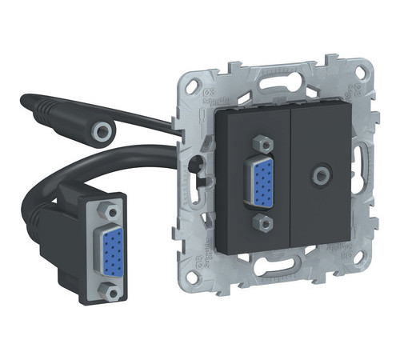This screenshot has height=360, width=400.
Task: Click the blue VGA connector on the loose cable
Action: pos(107,250)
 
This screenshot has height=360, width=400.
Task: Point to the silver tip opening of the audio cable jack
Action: pos(102,129)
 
